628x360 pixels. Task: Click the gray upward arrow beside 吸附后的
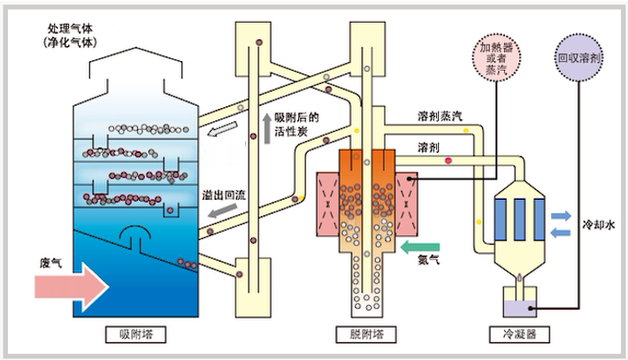click(x=266, y=130)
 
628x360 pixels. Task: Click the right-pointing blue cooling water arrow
click(x=561, y=215)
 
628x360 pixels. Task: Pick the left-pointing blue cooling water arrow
click(x=561, y=232)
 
